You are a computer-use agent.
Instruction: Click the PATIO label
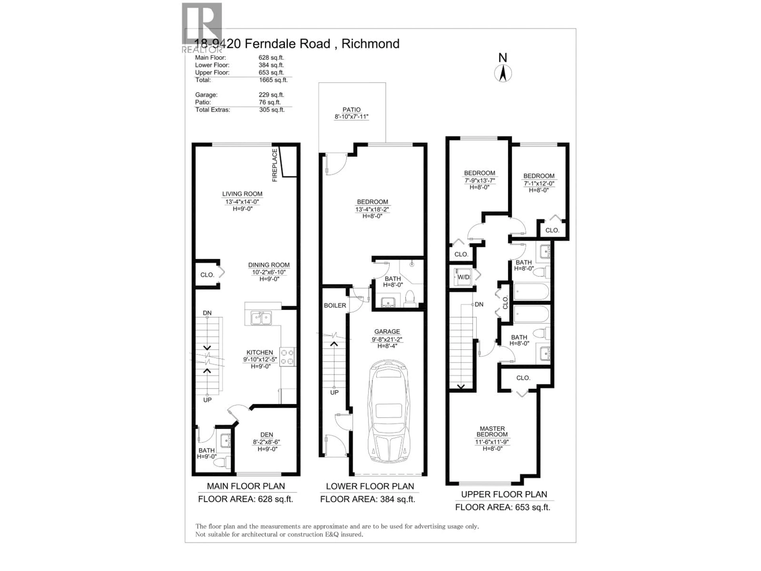(x=351, y=109)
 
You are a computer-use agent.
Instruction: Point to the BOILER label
(x=335, y=305)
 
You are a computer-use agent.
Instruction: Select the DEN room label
(x=267, y=435)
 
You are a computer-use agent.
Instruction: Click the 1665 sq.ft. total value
(x=273, y=80)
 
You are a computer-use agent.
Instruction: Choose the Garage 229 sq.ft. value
(x=272, y=95)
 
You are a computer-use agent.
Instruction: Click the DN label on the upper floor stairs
(x=479, y=304)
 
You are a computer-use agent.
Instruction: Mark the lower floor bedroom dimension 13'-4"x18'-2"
(x=372, y=209)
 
